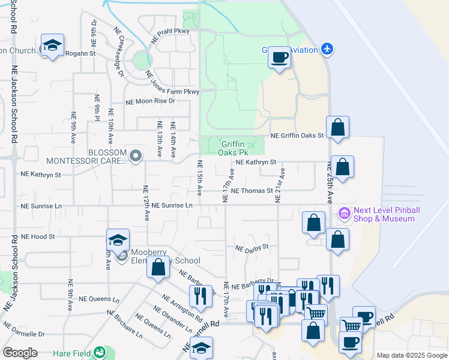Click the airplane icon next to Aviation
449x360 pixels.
[x=326, y=48]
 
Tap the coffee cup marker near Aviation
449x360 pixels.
[x=279, y=58]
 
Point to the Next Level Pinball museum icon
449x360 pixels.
[x=344, y=213]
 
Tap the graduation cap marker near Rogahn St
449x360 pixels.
[x=53, y=46]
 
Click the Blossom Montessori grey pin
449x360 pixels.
[x=136, y=157]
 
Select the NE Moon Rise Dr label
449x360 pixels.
[x=150, y=101]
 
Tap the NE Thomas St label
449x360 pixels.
[x=252, y=191]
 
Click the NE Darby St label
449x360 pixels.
[x=252, y=247]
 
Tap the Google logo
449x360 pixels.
[x=20, y=353]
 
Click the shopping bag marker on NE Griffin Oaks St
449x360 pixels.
[x=338, y=128]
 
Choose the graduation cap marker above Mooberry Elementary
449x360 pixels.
[x=118, y=241]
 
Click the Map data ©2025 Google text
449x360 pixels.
[x=411, y=355]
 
